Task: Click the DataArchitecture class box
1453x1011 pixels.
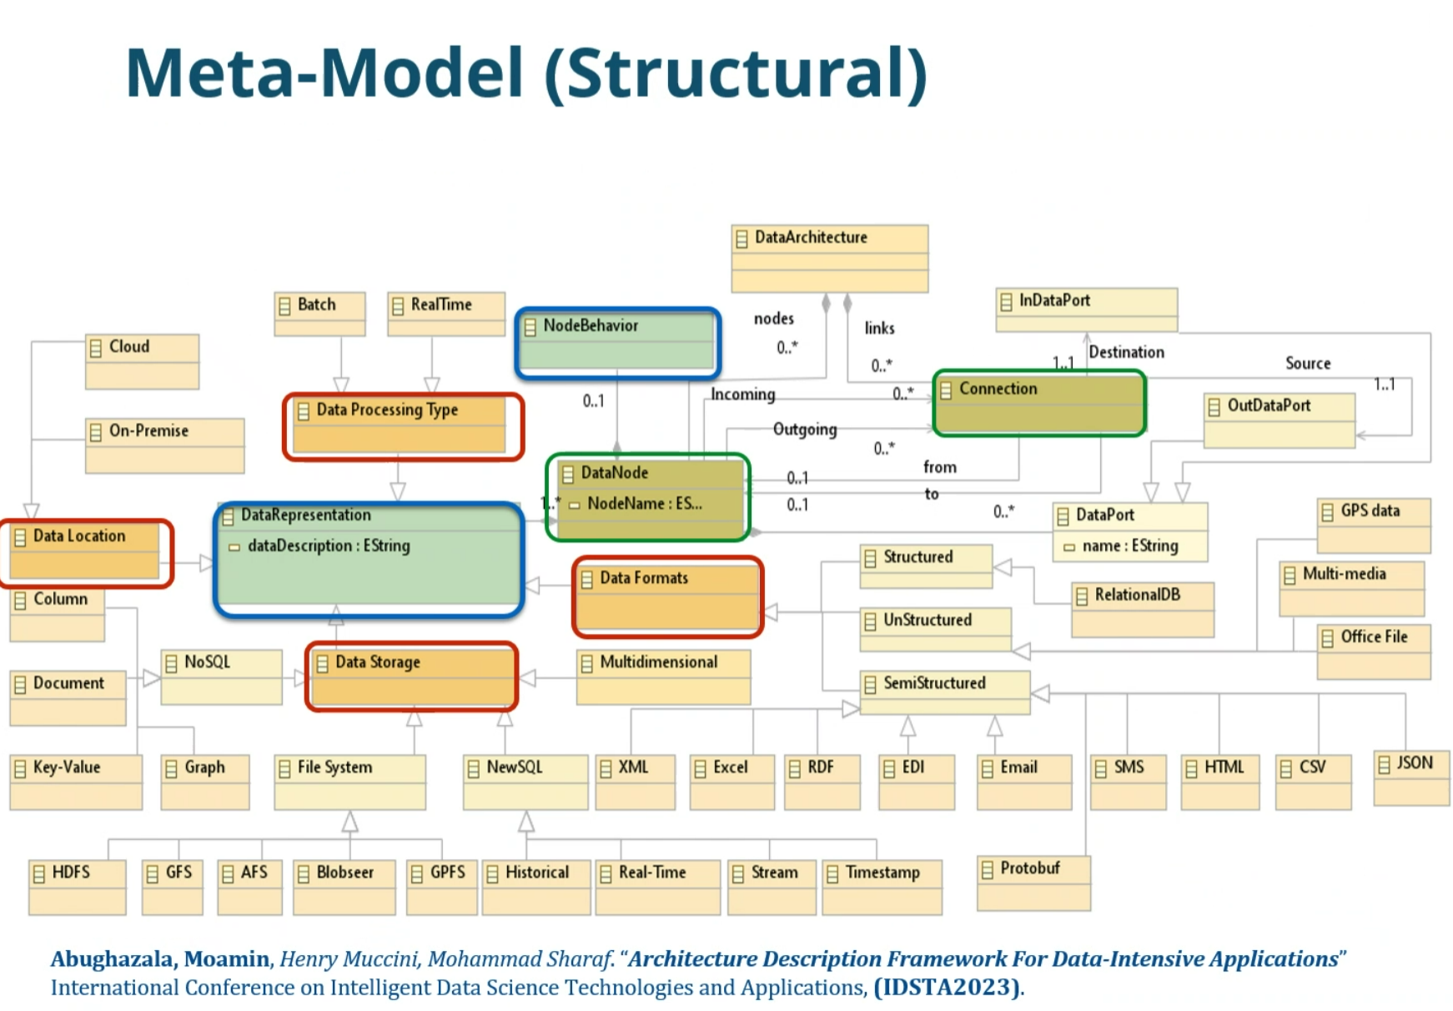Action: click(829, 258)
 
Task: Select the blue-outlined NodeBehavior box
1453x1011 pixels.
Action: click(617, 343)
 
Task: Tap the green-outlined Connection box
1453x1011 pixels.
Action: click(1039, 404)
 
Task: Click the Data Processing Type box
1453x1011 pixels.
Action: click(403, 426)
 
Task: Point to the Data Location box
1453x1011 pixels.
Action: click(86, 553)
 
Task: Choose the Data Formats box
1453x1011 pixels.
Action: click(667, 597)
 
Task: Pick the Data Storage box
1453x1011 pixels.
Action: click(411, 677)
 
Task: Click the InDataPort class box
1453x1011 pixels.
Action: click(1086, 310)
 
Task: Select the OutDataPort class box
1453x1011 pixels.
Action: click(1279, 420)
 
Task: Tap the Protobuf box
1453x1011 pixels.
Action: click(1033, 883)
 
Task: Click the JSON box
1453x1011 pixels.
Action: click(1411, 778)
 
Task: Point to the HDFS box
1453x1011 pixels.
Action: click(77, 888)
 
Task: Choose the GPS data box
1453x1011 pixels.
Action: click(1374, 526)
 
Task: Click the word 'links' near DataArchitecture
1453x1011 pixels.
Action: click(879, 328)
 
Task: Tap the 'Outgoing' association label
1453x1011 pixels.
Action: click(805, 430)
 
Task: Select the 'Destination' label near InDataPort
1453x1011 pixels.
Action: click(1126, 352)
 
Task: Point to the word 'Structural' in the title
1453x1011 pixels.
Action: click(736, 73)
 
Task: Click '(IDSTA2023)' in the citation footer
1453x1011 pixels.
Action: click(947, 988)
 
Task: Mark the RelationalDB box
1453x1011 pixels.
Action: click(1142, 610)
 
